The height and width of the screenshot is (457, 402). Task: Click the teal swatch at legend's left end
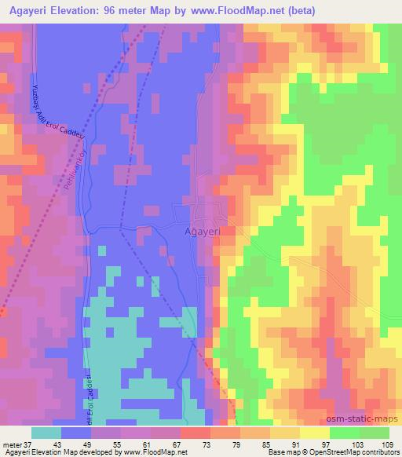click(x=46, y=433)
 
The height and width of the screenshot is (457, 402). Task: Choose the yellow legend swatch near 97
click(x=314, y=433)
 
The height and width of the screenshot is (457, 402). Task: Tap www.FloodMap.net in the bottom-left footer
click(x=150, y=452)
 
